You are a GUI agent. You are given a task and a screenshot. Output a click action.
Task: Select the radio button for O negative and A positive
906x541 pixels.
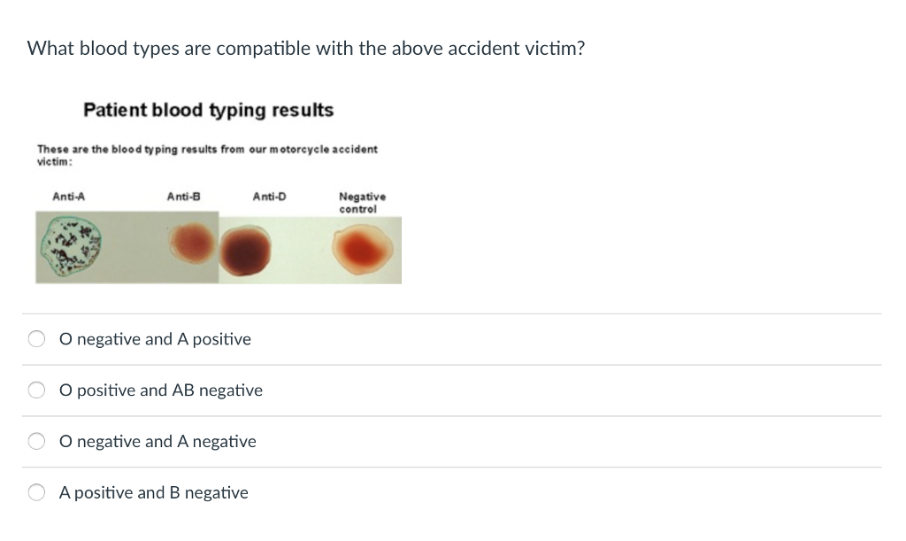(37, 339)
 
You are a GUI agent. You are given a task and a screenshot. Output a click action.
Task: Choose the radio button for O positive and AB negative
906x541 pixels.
(37, 390)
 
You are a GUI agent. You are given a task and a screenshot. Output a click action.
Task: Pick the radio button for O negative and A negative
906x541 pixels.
(37, 441)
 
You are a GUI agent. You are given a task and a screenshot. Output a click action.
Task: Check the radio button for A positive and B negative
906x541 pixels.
(37, 492)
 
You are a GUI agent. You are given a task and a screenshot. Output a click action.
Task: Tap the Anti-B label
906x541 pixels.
(184, 197)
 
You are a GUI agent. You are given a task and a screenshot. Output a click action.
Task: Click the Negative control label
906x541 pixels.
(362, 203)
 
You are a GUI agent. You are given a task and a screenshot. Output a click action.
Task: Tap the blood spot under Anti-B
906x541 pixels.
(192, 243)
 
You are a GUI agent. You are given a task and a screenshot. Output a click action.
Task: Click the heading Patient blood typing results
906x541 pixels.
(208, 111)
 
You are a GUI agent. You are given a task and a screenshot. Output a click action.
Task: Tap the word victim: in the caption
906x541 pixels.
(54, 162)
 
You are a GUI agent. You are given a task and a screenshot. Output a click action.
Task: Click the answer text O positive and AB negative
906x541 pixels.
(161, 390)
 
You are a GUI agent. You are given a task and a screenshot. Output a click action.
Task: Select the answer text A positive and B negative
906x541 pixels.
(153, 492)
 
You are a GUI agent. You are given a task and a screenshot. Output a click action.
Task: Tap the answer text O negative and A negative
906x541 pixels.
(157, 441)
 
